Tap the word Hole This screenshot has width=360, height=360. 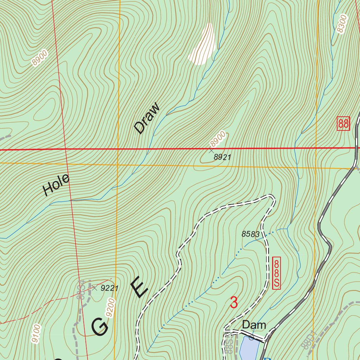[56, 185]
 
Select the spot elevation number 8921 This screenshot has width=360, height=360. [222, 157]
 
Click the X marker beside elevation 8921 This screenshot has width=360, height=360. [211, 150]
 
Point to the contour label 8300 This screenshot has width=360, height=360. [342, 24]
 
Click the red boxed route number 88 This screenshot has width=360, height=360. [343, 123]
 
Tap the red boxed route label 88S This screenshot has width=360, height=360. [277, 273]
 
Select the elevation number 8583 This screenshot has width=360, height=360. [250, 234]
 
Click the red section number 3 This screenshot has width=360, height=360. [234, 303]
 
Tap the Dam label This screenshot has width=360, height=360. [254, 325]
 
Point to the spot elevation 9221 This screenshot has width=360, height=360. [109, 288]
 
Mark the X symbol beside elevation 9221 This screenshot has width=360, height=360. [94, 288]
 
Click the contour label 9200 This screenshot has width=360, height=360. [110, 308]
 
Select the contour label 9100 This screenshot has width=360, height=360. [37, 334]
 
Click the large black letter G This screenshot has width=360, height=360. [100, 326]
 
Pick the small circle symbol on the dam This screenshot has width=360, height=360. [251, 338]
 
